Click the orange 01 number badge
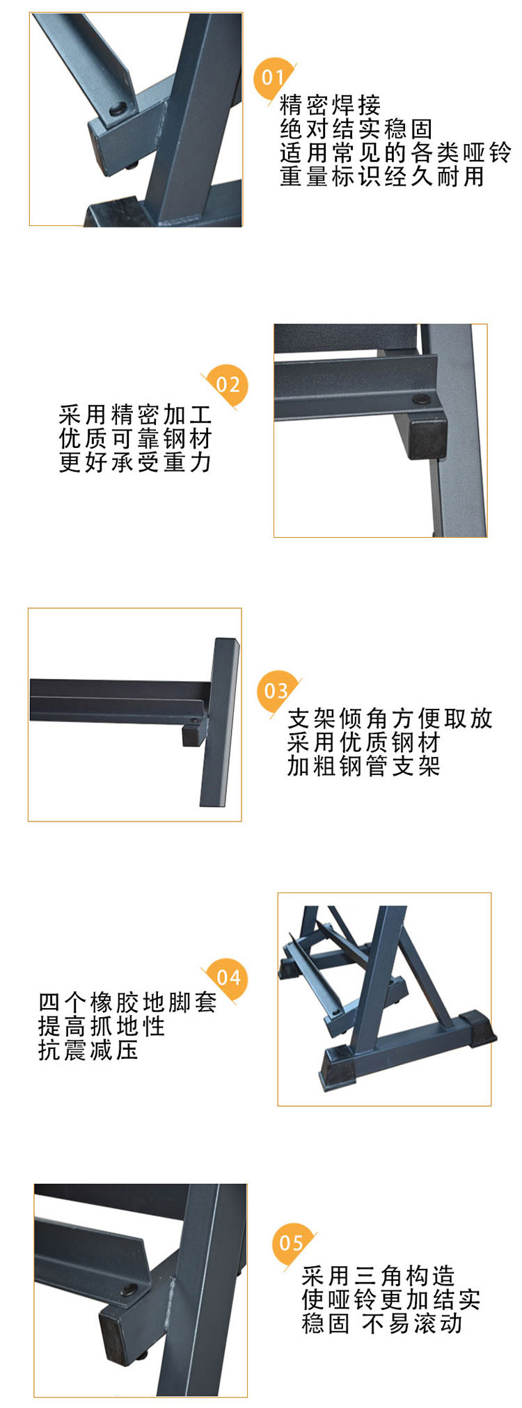coord(271,77)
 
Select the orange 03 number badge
coord(276,691)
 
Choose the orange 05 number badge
coord(291,1243)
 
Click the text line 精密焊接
coord(331,104)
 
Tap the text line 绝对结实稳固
coord(356,129)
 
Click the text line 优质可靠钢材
coord(135,438)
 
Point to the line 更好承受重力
coord(135,462)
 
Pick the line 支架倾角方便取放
coord(390,718)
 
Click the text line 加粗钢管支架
coord(364,766)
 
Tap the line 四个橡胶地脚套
coord(127,1002)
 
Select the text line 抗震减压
coord(88,1050)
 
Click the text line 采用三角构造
coord(378,1275)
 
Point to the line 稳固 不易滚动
coord(382,1322)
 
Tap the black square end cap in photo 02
coord(426,435)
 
